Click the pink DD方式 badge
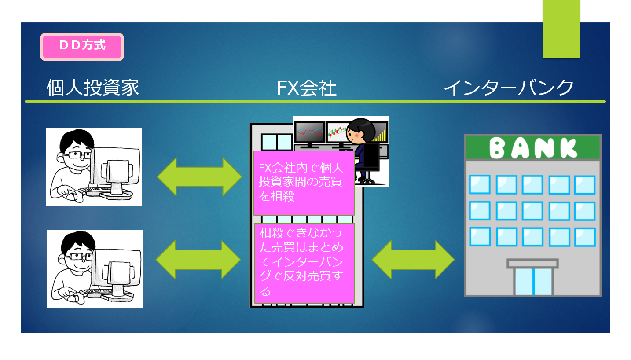click(82, 46)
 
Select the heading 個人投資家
click(93, 88)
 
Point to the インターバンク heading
click(509, 88)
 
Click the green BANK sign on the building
click(533, 147)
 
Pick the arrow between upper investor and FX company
click(199, 176)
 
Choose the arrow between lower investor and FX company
click(198, 260)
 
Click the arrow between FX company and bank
click(413, 260)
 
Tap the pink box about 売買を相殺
click(304, 183)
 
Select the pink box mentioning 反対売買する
click(304, 263)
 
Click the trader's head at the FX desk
click(360, 131)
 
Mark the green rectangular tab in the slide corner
click(561, 29)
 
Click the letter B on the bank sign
click(498, 148)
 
